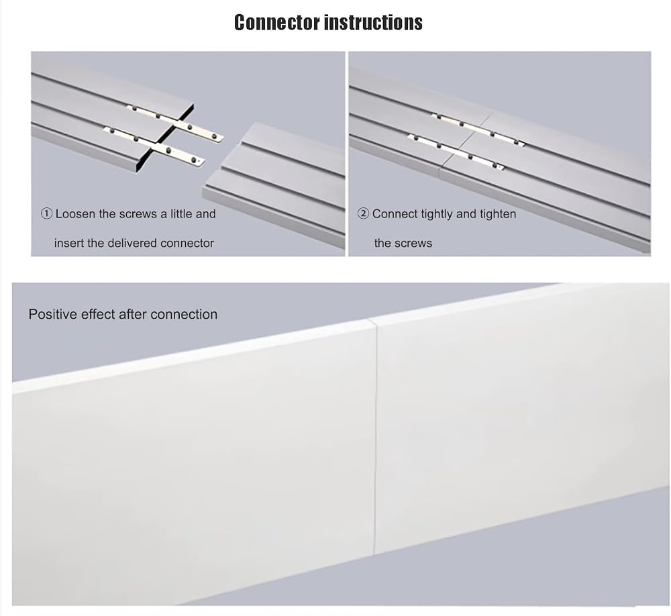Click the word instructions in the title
(x=374, y=22)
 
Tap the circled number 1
(x=46, y=213)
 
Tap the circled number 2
(x=363, y=213)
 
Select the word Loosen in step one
(x=75, y=213)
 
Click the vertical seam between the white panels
(x=375, y=437)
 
